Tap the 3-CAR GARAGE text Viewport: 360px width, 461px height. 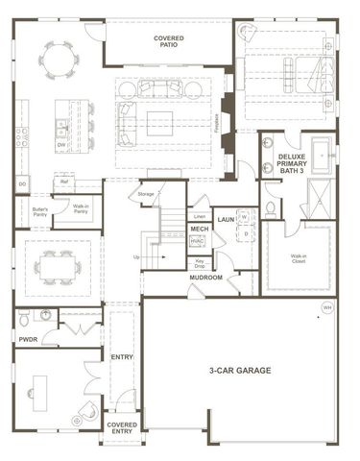(x=239, y=370)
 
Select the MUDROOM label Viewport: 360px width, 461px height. (x=205, y=278)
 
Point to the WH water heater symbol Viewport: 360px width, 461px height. (x=326, y=307)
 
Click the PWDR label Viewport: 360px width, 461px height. (x=28, y=338)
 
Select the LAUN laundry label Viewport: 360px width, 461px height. (x=227, y=220)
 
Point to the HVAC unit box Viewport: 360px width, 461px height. (x=200, y=242)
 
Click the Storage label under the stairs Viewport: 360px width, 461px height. (x=146, y=194)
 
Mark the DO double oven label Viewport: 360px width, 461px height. (x=21, y=183)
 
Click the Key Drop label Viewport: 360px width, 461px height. (x=201, y=261)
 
